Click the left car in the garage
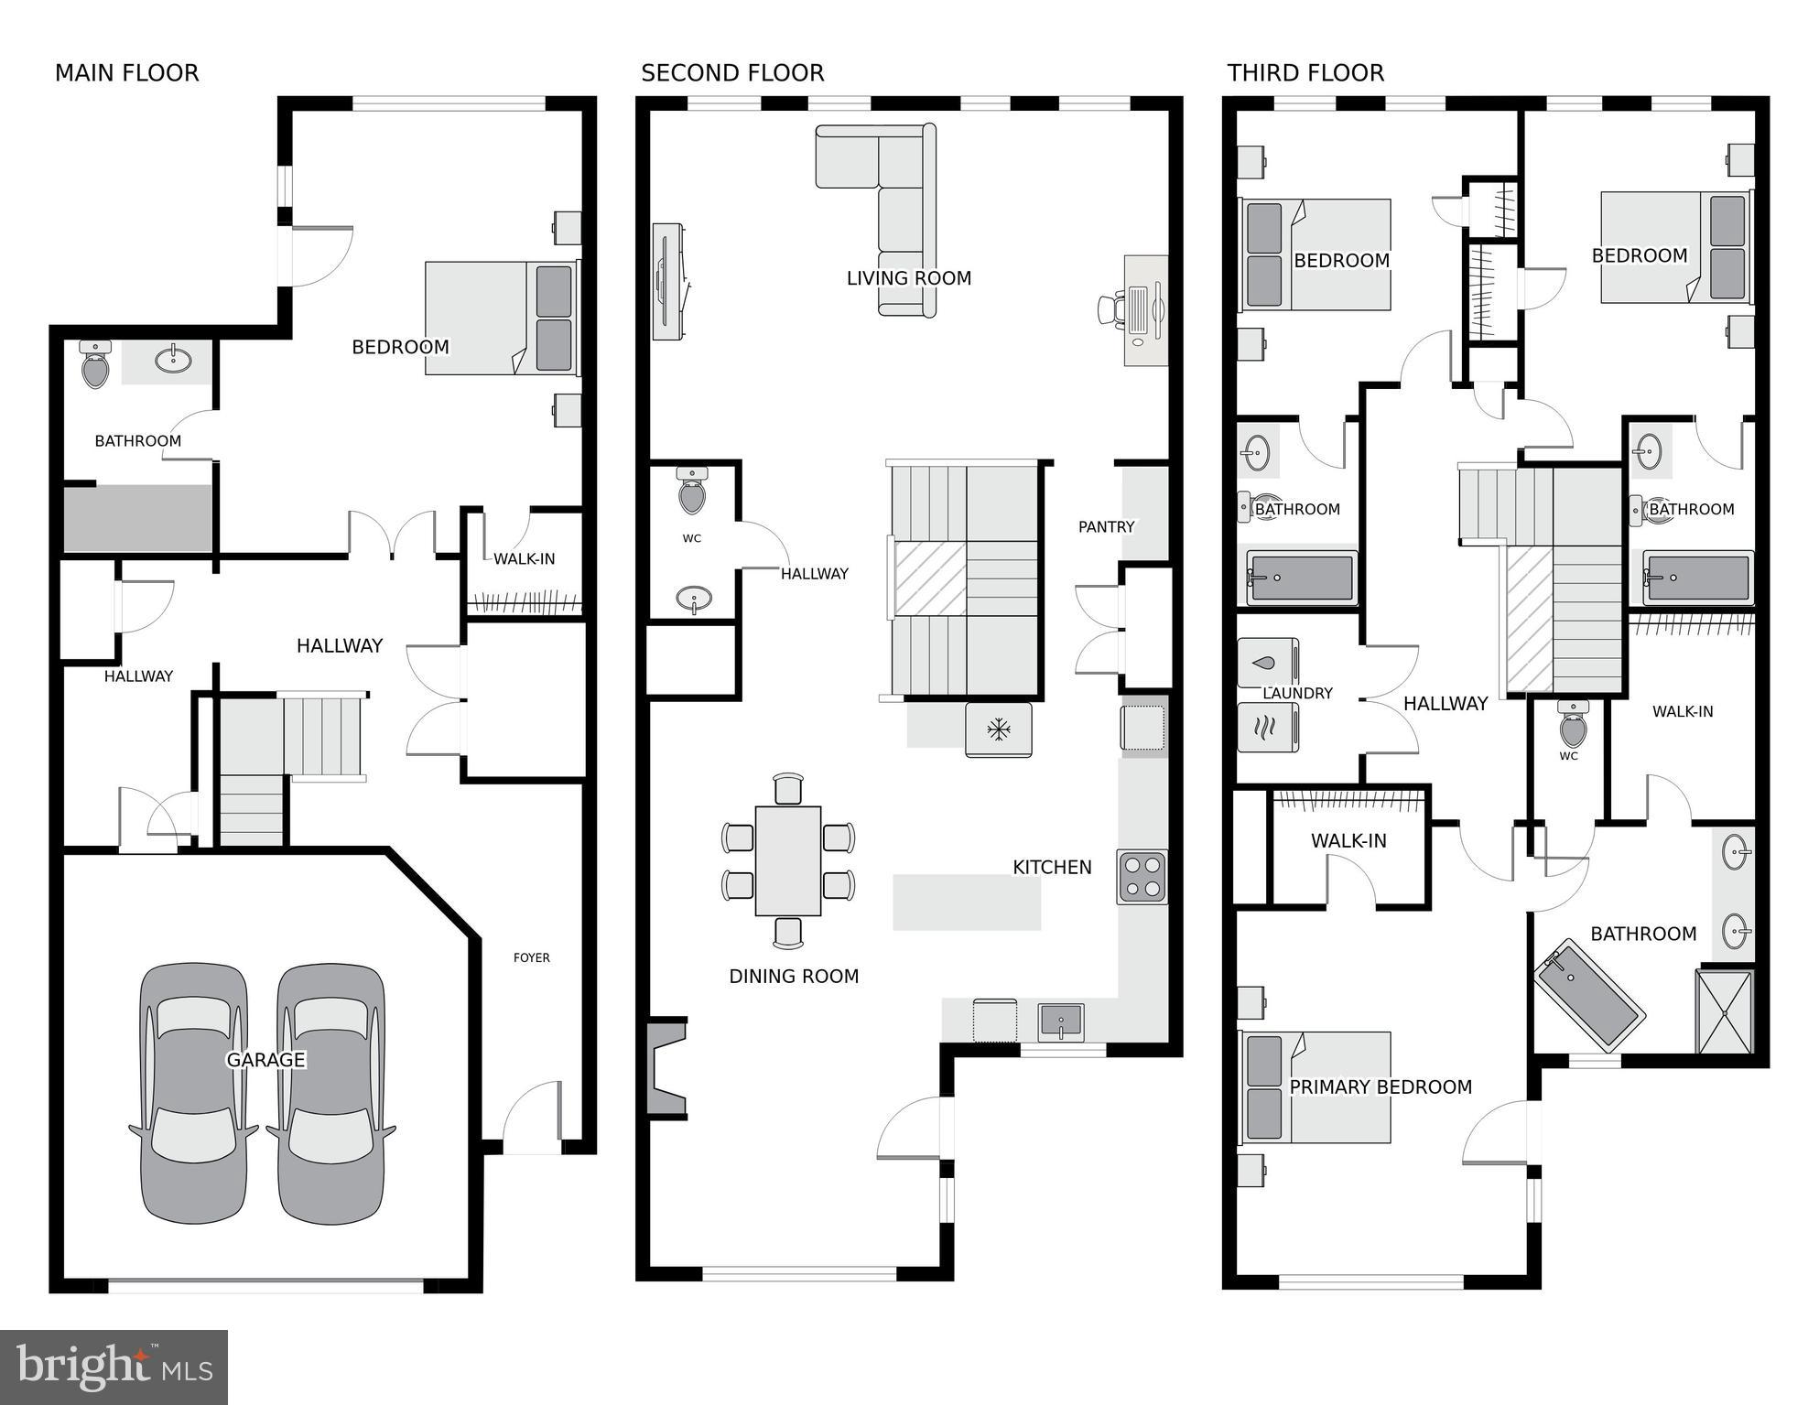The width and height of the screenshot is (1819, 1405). click(x=193, y=1094)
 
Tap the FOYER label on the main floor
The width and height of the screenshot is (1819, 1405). click(x=531, y=957)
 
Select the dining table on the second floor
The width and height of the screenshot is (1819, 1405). click(x=787, y=860)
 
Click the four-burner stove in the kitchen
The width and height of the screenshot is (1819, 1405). click(x=1142, y=877)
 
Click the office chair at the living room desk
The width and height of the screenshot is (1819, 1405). click(x=1111, y=308)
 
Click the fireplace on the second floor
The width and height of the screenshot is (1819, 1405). click(x=666, y=1067)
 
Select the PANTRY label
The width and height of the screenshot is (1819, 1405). click(x=1106, y=526)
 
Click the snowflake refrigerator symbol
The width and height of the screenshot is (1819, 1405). click(x=998, y=730)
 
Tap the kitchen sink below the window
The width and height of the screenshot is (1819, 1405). click(x=1060, y=1021)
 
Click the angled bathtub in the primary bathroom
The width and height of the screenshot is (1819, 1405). click(x=1588, y=995)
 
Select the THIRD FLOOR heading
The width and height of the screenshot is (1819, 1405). click(x=1305, y=73)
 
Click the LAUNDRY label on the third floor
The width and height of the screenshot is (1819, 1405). click(x=1297, y=694)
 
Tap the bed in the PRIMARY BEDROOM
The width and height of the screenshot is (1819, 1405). click(x=1315, y=1087)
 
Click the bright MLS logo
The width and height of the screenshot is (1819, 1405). click(x=114, y=1367)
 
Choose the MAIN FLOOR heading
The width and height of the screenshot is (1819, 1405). click(x=126, y=73)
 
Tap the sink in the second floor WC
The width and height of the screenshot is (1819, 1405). click(x=695, y=600)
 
